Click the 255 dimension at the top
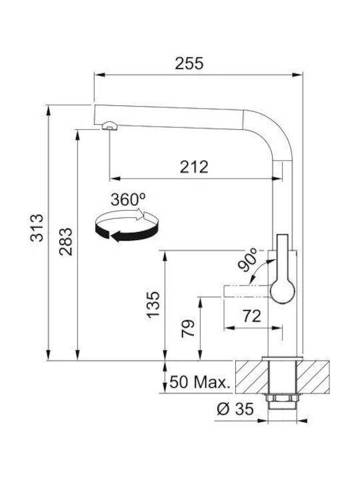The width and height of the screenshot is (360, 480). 189,63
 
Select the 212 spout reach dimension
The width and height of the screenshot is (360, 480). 194,167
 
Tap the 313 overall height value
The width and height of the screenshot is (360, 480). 37,228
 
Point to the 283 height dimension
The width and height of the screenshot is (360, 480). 66,241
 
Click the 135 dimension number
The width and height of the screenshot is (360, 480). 153,305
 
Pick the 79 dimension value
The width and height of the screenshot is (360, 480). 187,328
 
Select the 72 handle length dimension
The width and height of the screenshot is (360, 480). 251,316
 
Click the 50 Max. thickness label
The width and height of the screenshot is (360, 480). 199,382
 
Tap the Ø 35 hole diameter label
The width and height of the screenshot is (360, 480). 235,409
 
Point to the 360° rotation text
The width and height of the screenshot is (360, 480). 128,199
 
